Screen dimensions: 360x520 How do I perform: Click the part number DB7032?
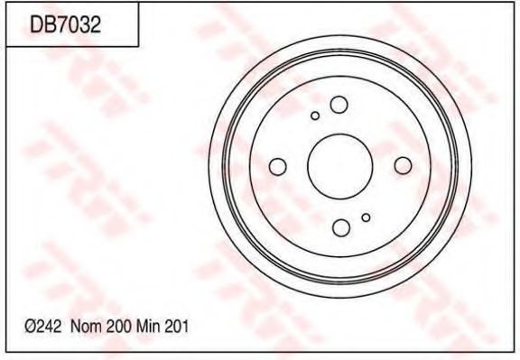65,26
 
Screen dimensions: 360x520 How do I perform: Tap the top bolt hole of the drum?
339,105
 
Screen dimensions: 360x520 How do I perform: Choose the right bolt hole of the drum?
403,164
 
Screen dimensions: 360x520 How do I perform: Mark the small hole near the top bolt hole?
314,115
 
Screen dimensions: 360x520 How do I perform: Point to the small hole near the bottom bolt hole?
366,217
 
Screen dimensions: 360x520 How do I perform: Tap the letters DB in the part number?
42,26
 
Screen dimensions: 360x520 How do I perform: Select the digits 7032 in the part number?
78,26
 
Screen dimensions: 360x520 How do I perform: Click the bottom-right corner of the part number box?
137,45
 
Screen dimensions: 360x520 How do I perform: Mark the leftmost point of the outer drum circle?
208,166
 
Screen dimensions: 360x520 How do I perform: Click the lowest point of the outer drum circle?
339,298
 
